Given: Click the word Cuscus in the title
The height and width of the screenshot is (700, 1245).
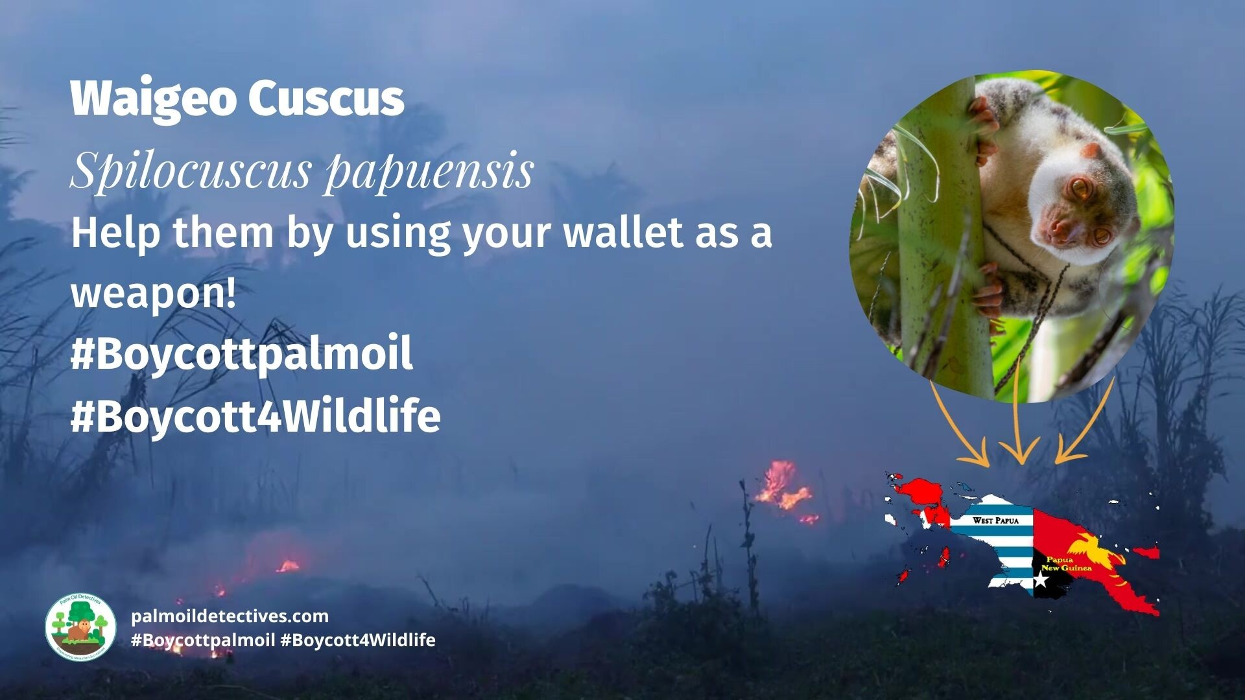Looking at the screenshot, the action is tap(326, 99).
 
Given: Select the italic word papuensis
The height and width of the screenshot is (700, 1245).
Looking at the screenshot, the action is tap(429, 170).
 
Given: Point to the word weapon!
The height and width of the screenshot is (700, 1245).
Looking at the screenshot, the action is tap(154, 293).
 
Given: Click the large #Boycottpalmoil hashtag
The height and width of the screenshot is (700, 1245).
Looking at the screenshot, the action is tap(241, 354).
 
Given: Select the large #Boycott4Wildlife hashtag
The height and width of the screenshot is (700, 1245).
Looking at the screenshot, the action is tap(255, 415).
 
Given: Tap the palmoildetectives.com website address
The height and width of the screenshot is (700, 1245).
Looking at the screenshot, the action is tap(230, 616).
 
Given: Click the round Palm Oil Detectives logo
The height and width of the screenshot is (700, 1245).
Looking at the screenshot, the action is tap(80, 627).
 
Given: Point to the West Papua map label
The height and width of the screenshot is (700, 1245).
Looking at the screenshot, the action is tap(995, 520).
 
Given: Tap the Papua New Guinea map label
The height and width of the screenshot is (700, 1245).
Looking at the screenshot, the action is tap(1066, 563).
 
